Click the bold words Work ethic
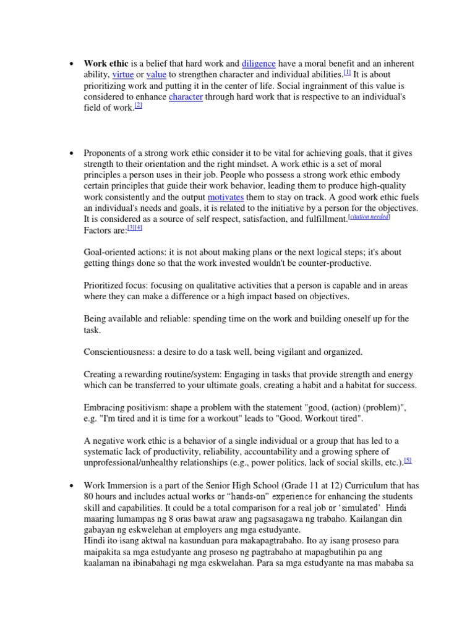click(106, 64)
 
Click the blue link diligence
click(259, 64)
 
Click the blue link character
click(186, 97)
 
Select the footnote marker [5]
click(408, 460)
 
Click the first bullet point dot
click(72, 64)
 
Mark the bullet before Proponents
click(72, 153)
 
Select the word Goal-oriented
click(111, 252)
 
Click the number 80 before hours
click(89, 497)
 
